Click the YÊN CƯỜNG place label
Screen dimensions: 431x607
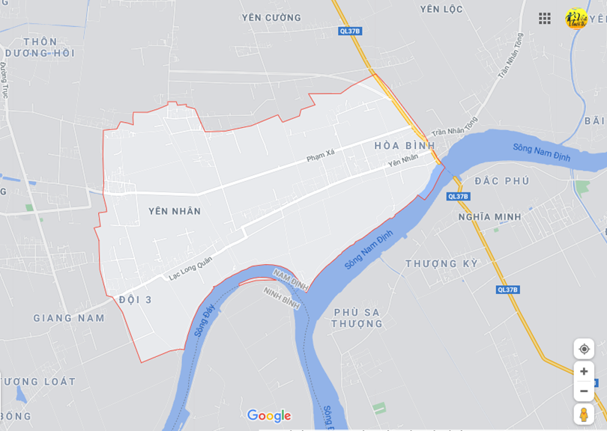271,17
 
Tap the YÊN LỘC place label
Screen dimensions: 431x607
441,9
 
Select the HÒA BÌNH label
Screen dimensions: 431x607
405,145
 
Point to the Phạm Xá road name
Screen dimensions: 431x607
320,157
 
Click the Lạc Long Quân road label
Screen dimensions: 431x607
190,268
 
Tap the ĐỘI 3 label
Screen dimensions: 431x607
136,299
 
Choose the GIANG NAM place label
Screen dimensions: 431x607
69,318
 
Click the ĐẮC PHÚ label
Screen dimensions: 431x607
502,181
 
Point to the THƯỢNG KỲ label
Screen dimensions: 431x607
442,263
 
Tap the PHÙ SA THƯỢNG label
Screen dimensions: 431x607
357,317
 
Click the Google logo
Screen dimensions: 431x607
269,416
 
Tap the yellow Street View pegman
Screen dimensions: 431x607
584,415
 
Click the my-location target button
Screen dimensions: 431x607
584,349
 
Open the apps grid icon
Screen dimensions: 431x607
545,18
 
